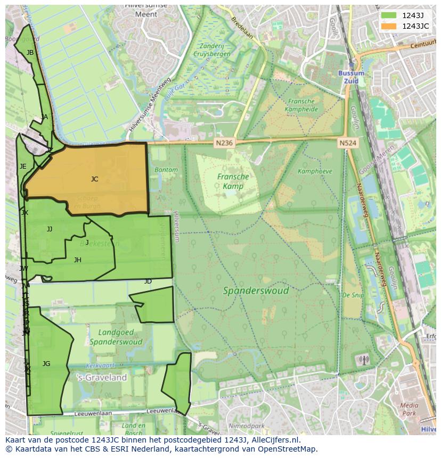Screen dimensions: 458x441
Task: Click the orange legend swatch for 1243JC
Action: tap(389, 26)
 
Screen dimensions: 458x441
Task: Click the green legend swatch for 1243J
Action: tap(389, 15)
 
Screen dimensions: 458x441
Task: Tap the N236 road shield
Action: tap(224, 143)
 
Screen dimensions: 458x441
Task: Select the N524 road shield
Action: tap(348, 143)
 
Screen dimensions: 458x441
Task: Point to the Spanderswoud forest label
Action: tap(256, 290)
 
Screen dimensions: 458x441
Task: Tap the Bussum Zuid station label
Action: tap(352, 77)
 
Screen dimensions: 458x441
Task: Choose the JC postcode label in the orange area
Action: tap(94, 179)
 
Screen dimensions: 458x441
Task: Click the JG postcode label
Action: tap(46, 364)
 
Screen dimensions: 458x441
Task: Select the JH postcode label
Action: tap(78, 260)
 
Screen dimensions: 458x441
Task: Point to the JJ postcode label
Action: tap(50, 229)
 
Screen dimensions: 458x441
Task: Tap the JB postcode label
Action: tap(30, 53)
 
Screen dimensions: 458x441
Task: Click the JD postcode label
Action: tap(148, 281)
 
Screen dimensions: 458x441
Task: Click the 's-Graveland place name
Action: tap(102, 378)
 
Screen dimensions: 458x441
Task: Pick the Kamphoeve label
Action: tap(315, 171)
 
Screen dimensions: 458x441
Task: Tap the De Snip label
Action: tap(353, 295)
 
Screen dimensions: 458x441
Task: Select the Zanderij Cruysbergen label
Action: tap(212, 50)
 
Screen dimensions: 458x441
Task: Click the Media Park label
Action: tap(409, 409)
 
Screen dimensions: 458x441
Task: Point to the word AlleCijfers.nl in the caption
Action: tap(274, 440)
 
